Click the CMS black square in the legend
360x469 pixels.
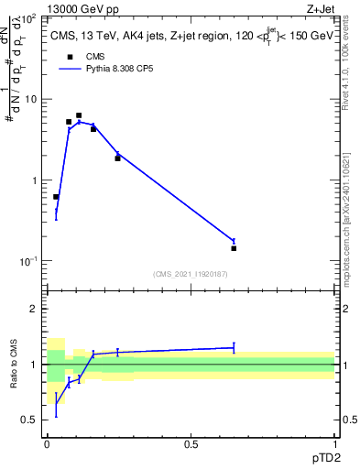click(70, 57)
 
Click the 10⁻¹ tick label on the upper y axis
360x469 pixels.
click(28, 262)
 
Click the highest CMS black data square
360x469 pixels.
click(79, 116)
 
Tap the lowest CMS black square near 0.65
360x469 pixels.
click(234, 248)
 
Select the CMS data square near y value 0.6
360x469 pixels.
click(56, 197)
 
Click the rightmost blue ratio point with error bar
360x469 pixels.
click(234, 347)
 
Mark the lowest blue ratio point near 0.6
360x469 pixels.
click(56, 405)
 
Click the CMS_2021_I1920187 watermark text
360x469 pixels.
click(191, 273)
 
